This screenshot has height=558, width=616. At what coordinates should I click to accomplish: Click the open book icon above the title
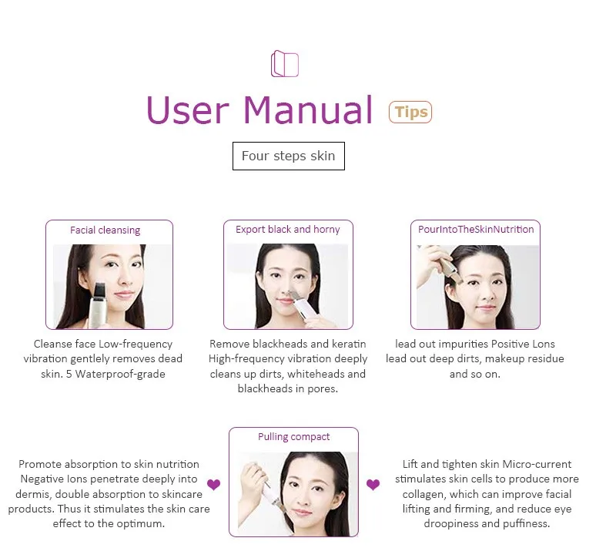click(284, 63)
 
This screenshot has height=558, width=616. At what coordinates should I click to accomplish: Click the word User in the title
click(187, 110)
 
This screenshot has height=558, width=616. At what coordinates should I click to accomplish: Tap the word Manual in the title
click(307, 109)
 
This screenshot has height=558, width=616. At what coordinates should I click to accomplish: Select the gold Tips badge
click(410, 112)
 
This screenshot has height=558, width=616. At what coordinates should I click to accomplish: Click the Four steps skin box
click(288, 156)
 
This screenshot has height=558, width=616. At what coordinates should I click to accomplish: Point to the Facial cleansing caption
click(105, 230)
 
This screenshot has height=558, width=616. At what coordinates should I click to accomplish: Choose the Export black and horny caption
click(287, 229)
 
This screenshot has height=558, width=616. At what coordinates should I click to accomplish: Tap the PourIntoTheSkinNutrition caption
click(476, 229)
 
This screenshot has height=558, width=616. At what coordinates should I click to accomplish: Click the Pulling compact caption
click(293, 437)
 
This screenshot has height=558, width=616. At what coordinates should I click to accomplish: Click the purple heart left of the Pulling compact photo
click(214, 485)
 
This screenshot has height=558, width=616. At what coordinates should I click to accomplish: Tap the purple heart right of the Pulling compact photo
click(373, 485)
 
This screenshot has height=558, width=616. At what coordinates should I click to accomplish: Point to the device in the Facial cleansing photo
click(96, 305)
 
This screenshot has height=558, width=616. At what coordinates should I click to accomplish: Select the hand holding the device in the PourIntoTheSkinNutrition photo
click(431, 264)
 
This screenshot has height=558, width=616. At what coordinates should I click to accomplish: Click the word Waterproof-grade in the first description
click(120, 374)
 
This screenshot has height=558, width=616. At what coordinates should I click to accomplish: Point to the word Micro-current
click(537, 465)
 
